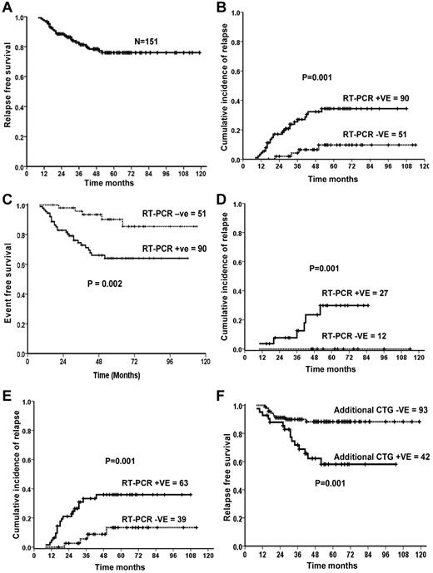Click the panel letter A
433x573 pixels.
pos(7,7)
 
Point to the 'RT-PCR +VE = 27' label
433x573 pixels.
pos(363,294)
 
